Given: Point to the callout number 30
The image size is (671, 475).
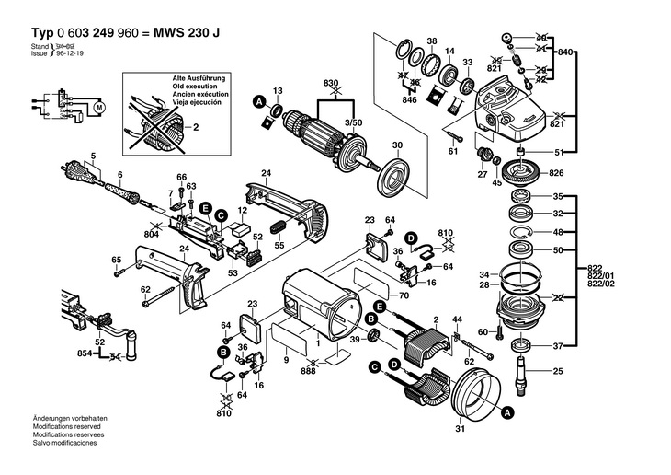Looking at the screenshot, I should (397, 145).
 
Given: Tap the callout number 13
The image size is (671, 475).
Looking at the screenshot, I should (279, 88).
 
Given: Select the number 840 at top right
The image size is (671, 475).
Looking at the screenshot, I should (565, 52).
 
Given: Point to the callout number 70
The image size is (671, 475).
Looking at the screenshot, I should (378, 297).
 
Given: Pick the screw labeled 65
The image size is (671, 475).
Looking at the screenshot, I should (118, 272).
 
